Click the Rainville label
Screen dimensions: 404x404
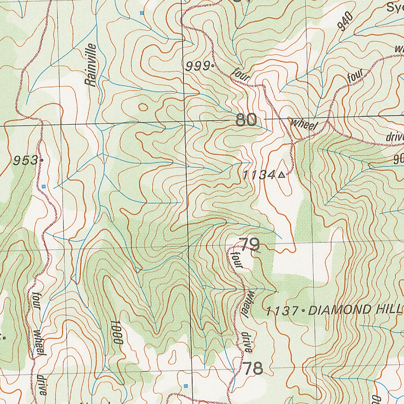91,65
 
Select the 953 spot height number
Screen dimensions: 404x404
25,161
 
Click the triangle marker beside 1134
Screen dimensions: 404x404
281,175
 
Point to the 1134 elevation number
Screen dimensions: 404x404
258,175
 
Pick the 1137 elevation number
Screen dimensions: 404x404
282,311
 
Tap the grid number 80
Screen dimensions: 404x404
246,120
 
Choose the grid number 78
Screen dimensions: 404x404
252,368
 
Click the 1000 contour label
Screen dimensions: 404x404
117,333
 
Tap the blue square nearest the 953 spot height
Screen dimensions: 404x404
44,186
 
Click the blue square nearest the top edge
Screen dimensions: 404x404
142,13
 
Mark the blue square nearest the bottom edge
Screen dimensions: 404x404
186,385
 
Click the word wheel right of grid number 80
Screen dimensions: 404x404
303,124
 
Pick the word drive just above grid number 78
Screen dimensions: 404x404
247,342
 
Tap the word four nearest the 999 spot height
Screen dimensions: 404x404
241,75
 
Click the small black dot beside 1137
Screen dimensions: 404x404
303,311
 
